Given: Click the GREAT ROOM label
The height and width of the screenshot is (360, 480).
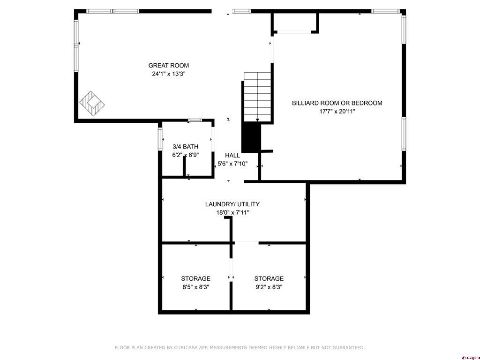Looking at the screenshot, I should click(x=169, y=66).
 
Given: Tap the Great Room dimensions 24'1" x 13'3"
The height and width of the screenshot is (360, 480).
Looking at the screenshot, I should click(x=169, y=74).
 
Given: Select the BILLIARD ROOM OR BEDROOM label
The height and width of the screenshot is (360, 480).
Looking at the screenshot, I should click(x=337, y=103).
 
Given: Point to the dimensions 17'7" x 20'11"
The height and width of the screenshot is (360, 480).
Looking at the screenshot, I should click(x=337, y=112).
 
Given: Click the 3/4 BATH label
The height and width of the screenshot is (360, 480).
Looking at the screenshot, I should click(x=186, y=147).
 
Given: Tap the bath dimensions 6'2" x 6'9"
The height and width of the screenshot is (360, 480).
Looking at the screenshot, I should click(x=186, y=155).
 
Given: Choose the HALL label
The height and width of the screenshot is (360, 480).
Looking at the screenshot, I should click(x=232, y=156).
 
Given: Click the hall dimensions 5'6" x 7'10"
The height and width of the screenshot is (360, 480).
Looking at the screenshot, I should click(x=232, y=164).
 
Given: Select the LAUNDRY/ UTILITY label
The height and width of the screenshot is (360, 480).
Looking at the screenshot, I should click(x=232, y=204).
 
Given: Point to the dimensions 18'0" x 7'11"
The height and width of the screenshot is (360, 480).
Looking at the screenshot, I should click(x=232, y=213).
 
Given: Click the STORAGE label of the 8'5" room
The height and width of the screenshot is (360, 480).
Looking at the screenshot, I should click(x=196, y=278).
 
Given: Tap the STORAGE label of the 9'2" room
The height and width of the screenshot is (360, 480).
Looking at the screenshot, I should click(x=269, y=278).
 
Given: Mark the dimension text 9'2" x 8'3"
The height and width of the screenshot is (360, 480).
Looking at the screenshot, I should click(x=269, y=287).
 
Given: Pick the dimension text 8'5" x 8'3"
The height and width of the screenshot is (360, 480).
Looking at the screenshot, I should click(x=196, y=287).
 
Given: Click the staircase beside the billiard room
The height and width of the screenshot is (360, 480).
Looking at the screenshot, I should click(x=257, y=96).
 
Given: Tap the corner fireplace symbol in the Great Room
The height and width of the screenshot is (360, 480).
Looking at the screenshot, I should click(x=92, y=103).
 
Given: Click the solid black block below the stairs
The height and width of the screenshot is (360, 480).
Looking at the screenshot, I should click(x=251, y=138).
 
